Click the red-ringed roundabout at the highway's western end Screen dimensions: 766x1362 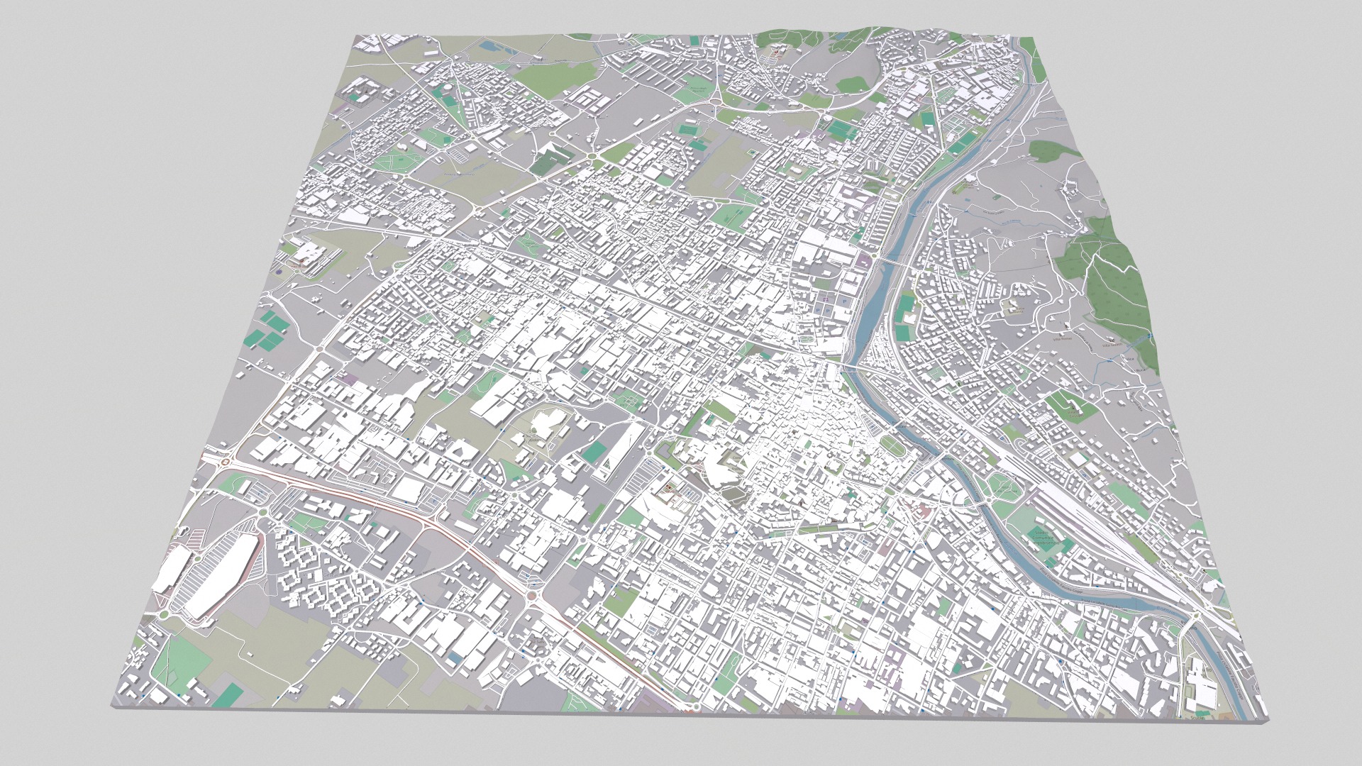(x=226, y=462)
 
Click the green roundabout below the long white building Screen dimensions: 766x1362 (x=165, y=614)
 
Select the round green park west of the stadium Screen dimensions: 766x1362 (x=1001, y=485)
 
